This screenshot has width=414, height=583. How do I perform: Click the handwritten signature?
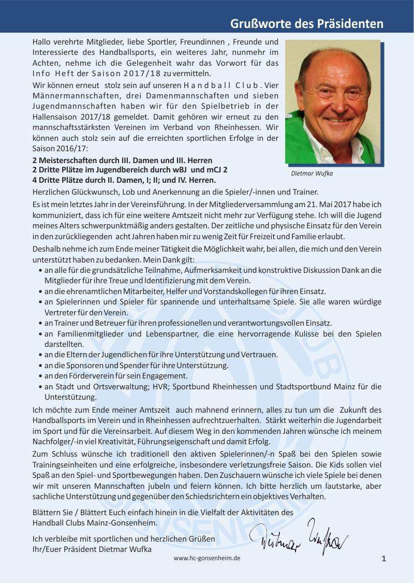299,541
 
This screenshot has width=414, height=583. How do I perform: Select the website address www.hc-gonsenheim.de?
207,559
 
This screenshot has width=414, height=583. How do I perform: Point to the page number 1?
383,558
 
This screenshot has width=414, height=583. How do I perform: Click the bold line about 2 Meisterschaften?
122,161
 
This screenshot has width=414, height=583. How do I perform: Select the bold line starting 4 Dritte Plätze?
124,180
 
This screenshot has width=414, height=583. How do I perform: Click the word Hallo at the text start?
41,41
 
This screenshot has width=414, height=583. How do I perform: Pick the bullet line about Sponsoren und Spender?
137,365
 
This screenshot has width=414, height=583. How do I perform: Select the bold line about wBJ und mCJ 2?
129,170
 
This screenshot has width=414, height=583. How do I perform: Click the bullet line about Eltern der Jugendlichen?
161,355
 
